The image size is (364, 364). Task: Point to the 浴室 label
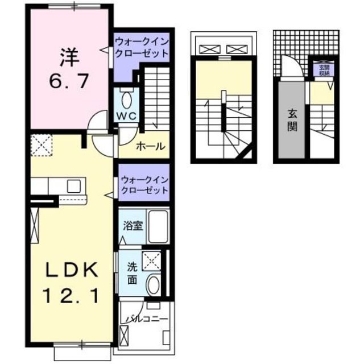pos(134,225)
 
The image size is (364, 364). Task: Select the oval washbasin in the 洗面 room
pos(152,284)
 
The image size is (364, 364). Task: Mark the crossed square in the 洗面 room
pos(151,260)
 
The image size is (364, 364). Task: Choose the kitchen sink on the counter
pos(74,185)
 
